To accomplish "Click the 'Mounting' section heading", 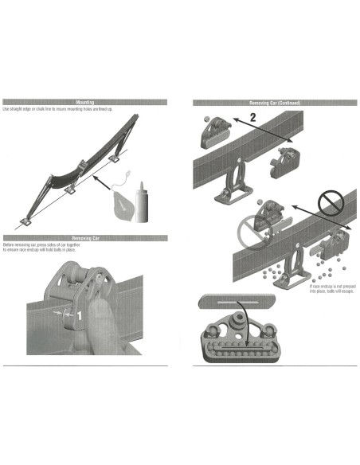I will pos(84,103).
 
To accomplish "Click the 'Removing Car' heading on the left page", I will pos(84,237).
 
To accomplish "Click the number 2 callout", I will pos(252,118).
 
